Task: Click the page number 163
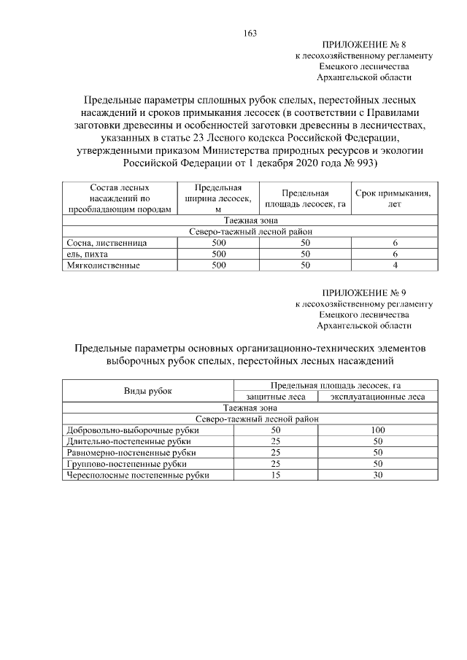click(x=250, y=33)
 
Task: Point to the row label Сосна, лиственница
click(x=107, y=241)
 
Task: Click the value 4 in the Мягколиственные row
click(x=395, y=265)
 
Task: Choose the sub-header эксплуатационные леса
click(x=377, y=397)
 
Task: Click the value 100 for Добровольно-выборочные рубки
click(x=377, y=430)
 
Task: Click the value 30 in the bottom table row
click(x=377, y=475)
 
